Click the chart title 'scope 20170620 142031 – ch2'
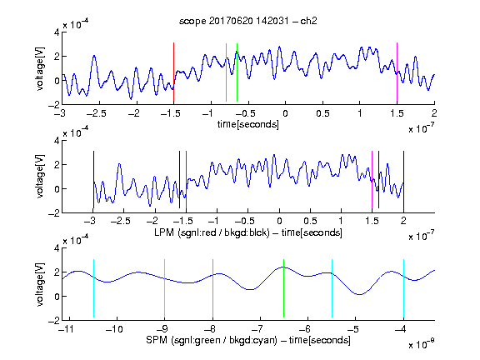[248, 21]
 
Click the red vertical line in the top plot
[173, 72]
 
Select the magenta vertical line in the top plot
[397, 72]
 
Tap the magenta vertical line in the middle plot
[372, 180]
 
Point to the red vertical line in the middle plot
[186, 180]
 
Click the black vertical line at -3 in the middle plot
[93, 180]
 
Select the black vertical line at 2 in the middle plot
[403, 180]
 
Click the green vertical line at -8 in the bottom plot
[212, 288]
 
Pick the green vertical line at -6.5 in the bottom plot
[284, 288]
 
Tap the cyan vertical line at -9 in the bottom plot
[165, 288]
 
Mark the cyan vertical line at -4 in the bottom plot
[403, 288]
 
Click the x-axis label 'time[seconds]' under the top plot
[248, 124]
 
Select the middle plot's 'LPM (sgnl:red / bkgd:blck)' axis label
[212, 232]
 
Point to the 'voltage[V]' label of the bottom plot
[40, 284]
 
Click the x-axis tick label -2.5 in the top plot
[96, 113]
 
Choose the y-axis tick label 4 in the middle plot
[57, 141]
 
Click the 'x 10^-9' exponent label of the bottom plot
[422, 343]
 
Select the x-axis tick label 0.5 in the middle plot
[310, 221]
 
